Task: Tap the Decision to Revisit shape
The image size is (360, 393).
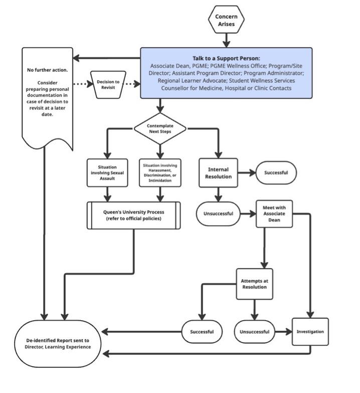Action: (x=109, y=84)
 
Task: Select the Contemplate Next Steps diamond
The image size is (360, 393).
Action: (x=159, y=128)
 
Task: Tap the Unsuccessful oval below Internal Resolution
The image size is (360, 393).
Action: (x=218, y=213)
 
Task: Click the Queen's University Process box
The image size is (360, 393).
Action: (x=135, y=215)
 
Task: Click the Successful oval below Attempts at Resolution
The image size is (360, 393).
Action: (x=202, y=332)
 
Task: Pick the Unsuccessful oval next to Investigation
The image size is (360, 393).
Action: (x=254, y=332)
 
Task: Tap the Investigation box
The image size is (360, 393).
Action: (x=310, y=332)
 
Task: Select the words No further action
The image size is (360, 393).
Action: (x=48, y=69)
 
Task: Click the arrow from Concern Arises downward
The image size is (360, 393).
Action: (x=226, y=39)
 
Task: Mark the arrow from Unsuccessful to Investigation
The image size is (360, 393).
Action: (x=283, y=332)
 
